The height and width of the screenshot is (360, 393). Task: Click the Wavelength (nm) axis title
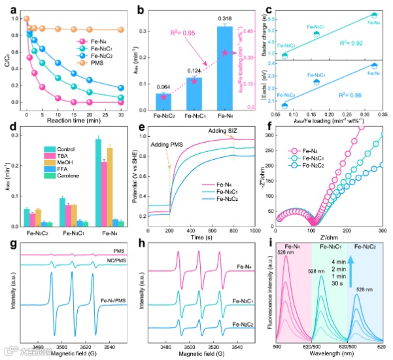[329, 353]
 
